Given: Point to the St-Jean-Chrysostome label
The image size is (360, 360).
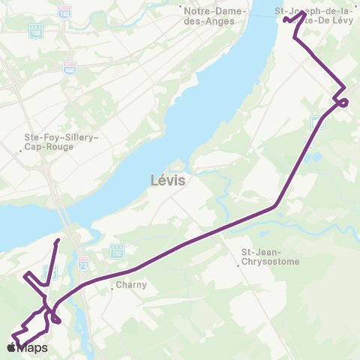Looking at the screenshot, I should (270, 257).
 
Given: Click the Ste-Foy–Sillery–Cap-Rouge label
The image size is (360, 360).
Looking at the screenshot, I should (56, 142).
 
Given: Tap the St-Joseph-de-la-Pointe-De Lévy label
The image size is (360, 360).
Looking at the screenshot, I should (315, 16).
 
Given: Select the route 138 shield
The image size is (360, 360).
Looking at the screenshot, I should (35, 31).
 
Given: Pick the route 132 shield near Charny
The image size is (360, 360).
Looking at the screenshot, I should (116, 250).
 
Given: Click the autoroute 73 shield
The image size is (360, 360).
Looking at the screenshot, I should (83, 263).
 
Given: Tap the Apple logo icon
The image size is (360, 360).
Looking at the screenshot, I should (10, 349).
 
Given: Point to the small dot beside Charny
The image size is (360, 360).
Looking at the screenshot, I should (112, 286).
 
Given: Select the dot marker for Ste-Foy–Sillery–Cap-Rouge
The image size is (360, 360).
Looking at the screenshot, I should (21, 151).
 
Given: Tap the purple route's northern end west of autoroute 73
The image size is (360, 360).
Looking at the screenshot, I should (58, 241).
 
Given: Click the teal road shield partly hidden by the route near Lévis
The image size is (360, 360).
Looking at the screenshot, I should (317, 123).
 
